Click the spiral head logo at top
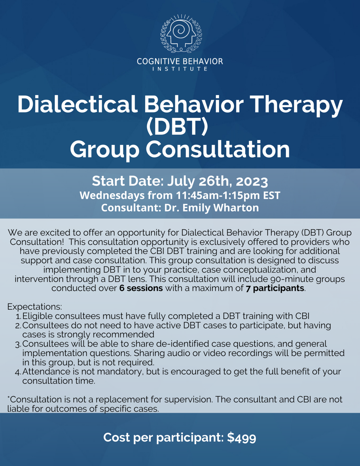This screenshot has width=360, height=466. [x=181, y=33]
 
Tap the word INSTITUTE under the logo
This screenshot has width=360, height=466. [x=180, y=69]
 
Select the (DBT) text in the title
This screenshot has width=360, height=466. [x=177, y=127]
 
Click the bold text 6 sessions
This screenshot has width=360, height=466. [x=141, y=288]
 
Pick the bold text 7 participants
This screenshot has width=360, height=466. [x=275, y=288]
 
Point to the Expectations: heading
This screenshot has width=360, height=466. [x=35, y=306]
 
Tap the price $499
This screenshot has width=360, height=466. [x=242, y=437]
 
